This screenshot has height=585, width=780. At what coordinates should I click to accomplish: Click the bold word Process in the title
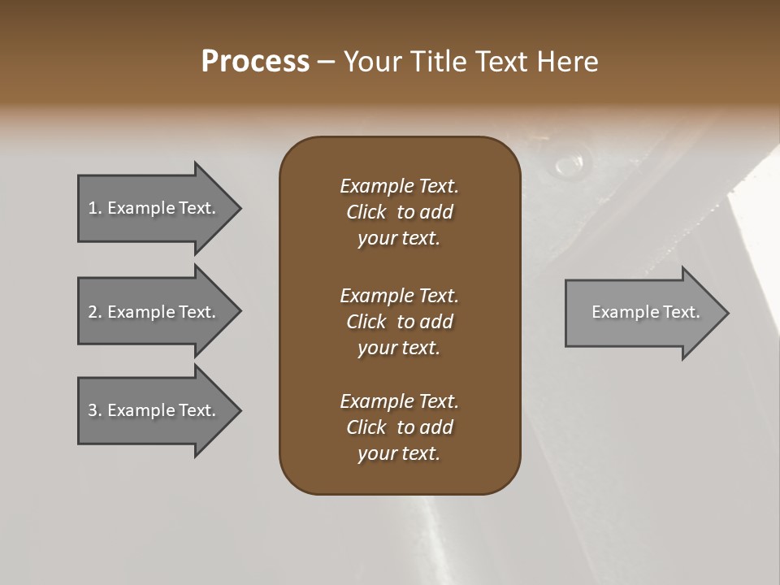coord(255,62)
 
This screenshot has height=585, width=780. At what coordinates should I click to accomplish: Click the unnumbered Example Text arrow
coord(645,312)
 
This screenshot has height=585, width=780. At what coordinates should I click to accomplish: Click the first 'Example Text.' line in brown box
coord(399,186)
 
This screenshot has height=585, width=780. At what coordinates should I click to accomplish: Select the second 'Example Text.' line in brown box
coord(399,295)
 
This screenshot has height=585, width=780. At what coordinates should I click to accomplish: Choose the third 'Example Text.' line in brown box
coord(399,401)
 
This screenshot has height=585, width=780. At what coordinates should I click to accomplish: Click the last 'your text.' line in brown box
coord(399,453)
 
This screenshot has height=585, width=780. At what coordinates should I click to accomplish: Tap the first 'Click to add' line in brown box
coord(399,212)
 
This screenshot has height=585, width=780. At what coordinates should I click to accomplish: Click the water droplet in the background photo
coord(568,165)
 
